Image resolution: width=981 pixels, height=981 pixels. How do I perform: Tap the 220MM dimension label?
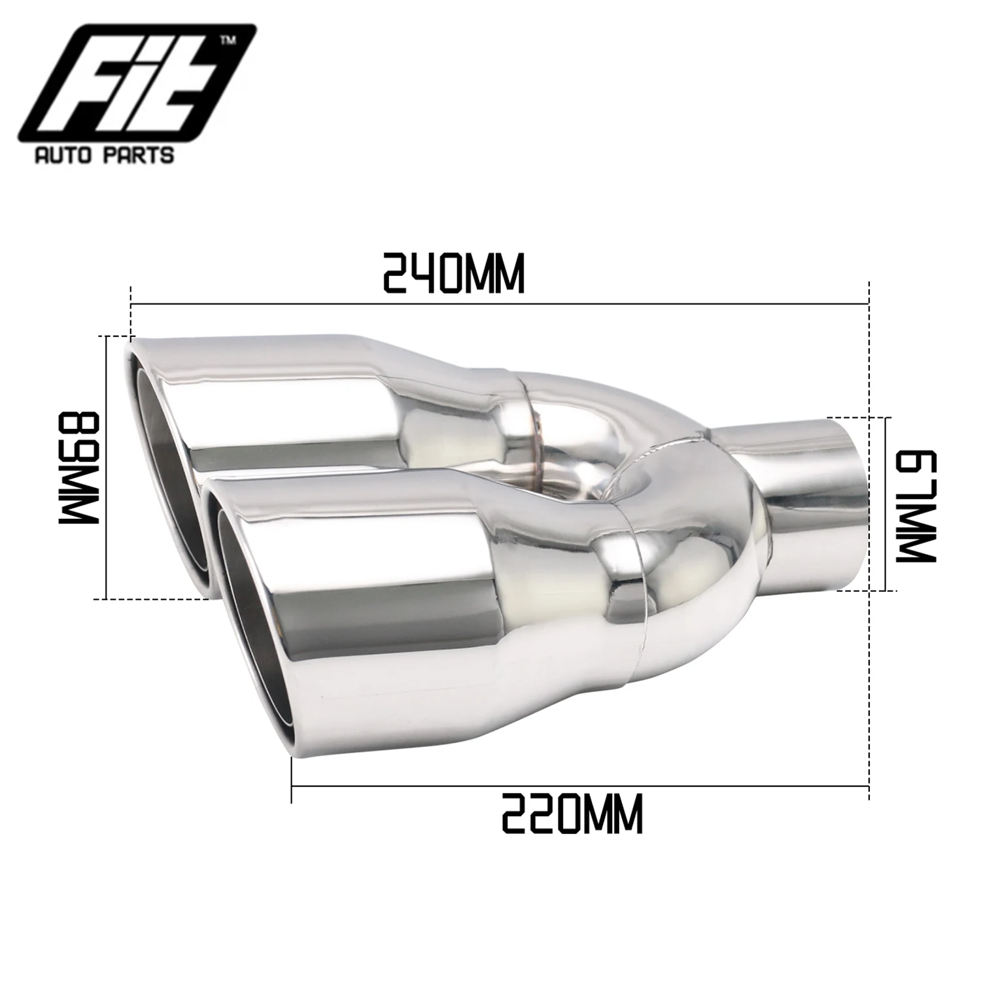point(572,813)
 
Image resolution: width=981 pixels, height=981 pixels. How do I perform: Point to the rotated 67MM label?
point(916,504)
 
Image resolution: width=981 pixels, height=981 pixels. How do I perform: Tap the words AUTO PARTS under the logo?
point(105,155)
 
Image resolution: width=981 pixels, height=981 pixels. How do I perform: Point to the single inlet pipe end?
point(850,504)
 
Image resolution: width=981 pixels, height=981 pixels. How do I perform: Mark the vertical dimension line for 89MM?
point(105,468)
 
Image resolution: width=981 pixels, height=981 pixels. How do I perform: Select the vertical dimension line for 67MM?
point(885,504)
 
